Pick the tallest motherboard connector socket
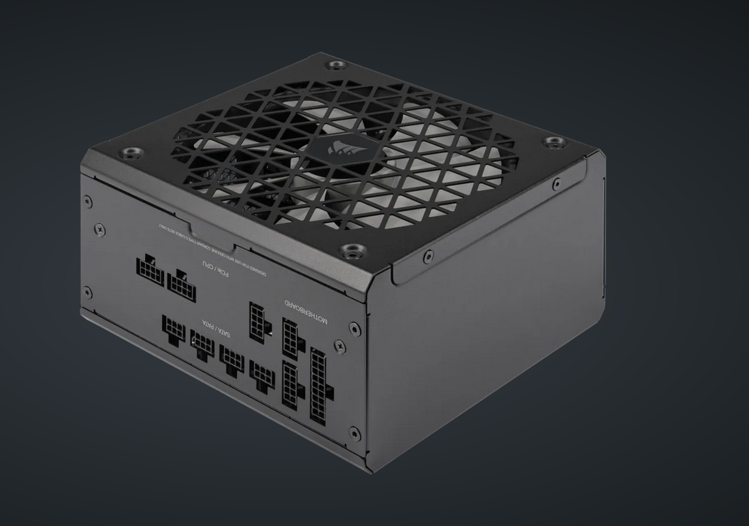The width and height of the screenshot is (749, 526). coord(321,386)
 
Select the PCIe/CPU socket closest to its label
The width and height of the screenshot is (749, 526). coord(183,284)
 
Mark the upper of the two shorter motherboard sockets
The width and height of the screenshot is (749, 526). coord(292,338)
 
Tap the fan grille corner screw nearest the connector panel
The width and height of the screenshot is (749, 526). coord(351,250)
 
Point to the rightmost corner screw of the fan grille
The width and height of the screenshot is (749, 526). coord(550,143)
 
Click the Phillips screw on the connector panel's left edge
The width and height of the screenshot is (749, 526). coord(99,228)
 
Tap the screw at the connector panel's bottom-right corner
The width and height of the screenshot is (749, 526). coord(354,433)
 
